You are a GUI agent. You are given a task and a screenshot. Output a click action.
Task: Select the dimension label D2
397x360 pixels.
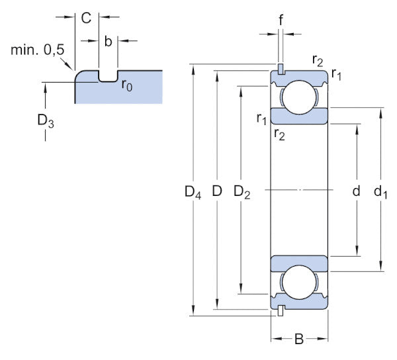pos(242,193)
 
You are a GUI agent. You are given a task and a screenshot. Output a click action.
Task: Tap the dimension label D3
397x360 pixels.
pos(45,121)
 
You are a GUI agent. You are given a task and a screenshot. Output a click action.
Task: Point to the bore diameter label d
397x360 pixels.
pos(356,192)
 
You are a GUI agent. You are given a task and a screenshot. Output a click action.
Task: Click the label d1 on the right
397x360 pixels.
pos(380,193)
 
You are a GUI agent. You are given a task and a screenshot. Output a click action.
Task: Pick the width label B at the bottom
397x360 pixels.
pos(299,340)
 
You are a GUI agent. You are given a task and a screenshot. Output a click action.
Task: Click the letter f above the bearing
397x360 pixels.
pos(281,20)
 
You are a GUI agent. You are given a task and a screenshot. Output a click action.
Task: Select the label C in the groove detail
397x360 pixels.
pos(86,18)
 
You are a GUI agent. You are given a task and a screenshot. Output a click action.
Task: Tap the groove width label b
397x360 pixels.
pos(109,41)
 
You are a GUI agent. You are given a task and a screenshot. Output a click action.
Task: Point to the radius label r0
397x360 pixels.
pos(126,84)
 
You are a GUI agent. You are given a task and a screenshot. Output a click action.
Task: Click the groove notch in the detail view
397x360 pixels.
pos(108,75)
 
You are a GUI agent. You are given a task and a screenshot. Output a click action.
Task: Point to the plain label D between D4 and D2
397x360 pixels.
pos(216,193)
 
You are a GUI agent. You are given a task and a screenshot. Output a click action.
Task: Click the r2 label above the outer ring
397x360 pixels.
pos(318,61)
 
